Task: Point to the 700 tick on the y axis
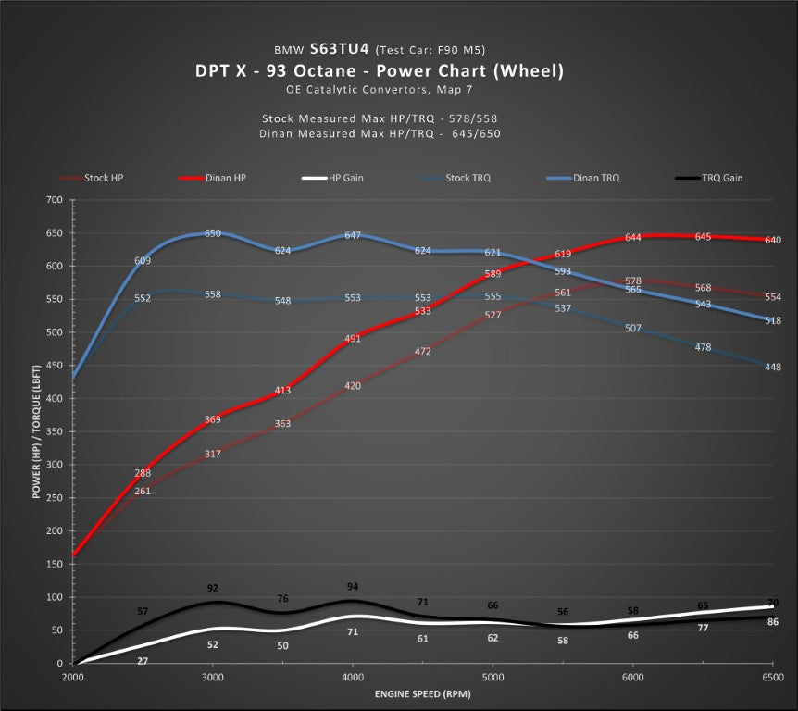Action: tap(53, 200)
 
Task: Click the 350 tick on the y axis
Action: tap(53, 431)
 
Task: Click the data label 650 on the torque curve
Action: tap(213, 233)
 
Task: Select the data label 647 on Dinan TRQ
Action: tap(353, 236)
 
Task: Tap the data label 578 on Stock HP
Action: tap(633, 281)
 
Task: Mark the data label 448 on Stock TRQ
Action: tap(773, 367)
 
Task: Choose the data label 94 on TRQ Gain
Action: tap(353, 587)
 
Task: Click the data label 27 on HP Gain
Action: tap(143, 661)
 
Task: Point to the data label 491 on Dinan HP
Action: tap(353, 339)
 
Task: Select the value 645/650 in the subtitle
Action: tap(475, 134)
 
